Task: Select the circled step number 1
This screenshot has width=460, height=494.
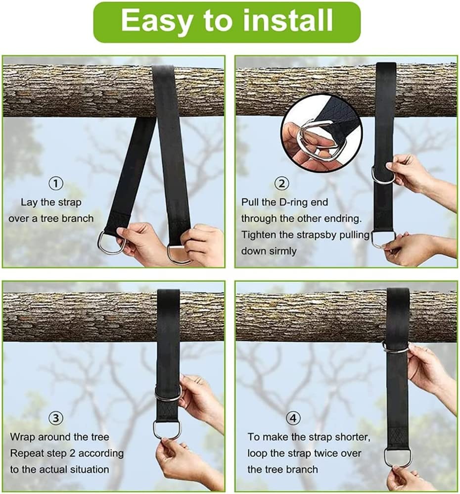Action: point(56,184)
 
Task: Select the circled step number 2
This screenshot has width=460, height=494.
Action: point(282,184)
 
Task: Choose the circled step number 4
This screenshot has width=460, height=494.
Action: point(294,418)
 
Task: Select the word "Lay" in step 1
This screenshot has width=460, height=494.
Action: point(28,202)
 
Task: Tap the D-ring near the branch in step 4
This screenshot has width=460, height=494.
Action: point(396,348)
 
